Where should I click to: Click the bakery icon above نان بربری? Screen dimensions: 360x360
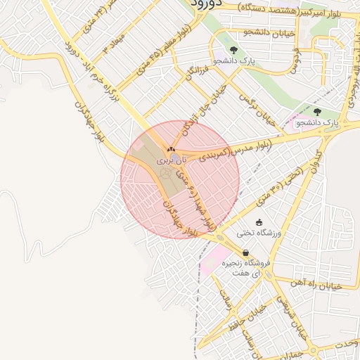point(171,150)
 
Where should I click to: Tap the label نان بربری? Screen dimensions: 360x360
point(164,161)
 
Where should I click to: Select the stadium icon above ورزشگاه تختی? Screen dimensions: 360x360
point(259,222)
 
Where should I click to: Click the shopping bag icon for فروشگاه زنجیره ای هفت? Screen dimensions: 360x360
point(245,252)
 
